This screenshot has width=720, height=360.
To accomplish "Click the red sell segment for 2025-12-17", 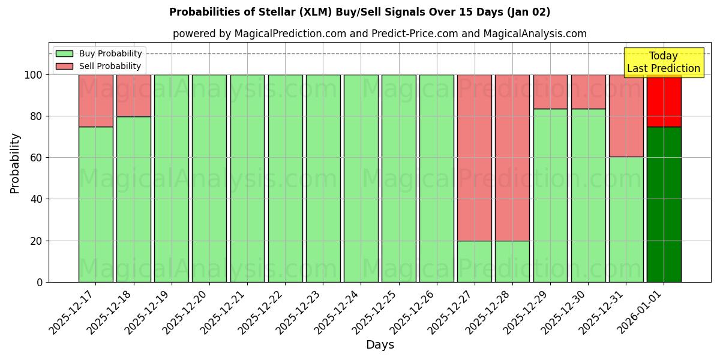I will pyautogui.click(x=95, y=100).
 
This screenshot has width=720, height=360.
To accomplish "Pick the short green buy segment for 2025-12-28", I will pyautogui.click(x=512, y=262).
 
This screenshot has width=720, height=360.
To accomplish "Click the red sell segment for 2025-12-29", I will pyautogui.click(x=550, y=91).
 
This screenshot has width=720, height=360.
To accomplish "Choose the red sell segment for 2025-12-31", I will pyautogui.click(x=626, y=115).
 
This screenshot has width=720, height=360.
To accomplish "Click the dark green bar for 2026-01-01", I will pyautogui.click(x=664, y=204).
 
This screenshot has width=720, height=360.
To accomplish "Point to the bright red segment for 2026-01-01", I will pyautogui.click(x=664, y=100).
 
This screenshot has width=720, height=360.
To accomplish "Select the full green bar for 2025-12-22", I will pyautogui.click(x=285, y=178).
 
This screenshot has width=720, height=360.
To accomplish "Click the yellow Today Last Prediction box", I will pyautogui.click(x=664, y=62).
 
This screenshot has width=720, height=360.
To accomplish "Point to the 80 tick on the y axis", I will pyautogui.click(x=36, y=116).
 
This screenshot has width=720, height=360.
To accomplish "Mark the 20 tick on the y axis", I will pyautogui.click(x=36, y=241).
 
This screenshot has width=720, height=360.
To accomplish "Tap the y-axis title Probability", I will pyautogui.click(x=15, y=163).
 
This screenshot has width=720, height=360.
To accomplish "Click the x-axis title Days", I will pyautogui.click(x=380, y=345).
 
